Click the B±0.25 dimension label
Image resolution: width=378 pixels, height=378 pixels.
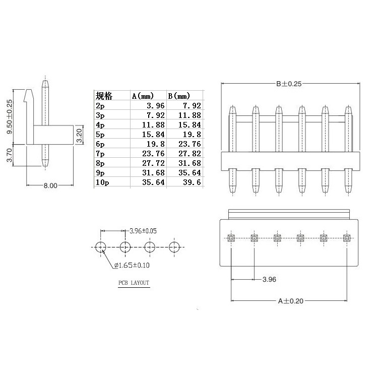click(289, 84)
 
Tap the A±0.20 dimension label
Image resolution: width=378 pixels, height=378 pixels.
click(291, 301)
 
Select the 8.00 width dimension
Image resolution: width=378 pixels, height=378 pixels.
click(50, 185)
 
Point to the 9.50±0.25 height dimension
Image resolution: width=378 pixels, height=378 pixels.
click(10, 117)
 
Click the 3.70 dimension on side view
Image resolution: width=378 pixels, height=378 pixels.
click(9, 155)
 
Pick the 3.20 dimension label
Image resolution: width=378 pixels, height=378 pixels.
click(79, 136)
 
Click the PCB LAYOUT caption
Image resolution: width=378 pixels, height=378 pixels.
click(134, 283)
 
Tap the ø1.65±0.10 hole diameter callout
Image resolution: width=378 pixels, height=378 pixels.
click(132, 266)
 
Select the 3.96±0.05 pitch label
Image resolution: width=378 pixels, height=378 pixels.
click(143, 231)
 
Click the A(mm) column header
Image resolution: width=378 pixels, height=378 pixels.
click(143, 96)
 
